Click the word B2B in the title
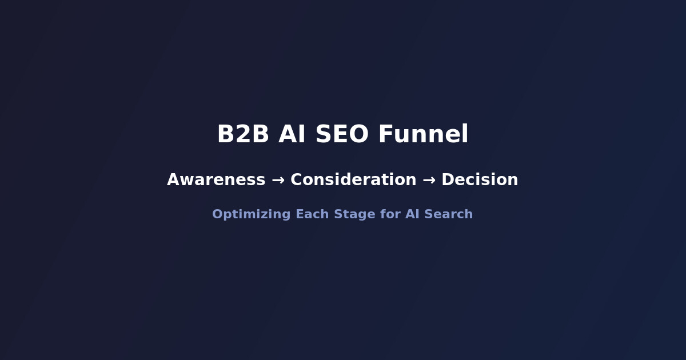pos(243,135)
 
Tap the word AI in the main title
pos(292,135)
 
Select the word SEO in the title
pos(342,135)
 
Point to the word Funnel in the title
pos(423,135)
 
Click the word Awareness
pos(216,180)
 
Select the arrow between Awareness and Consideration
pos(278,180)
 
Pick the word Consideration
pos(353,180)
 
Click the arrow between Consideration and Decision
pos(429,180)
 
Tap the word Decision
pos(480,180)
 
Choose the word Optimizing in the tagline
pos(252,215)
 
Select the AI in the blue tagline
pos(412,215)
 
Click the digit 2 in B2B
pos(243,135)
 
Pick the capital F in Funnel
pos(385,135)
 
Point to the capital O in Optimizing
pos(217,215)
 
